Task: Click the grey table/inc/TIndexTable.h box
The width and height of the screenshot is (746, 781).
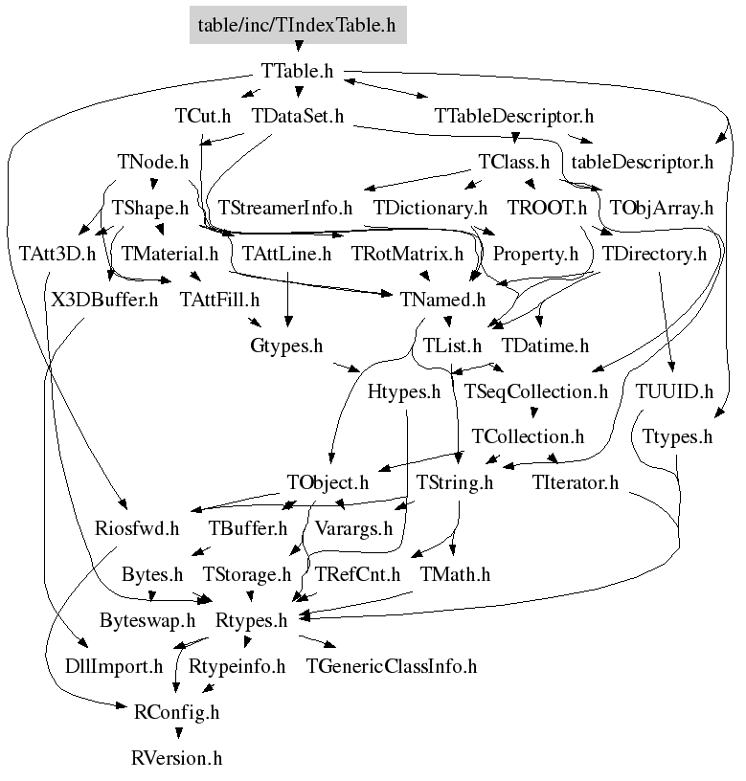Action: (296, 25)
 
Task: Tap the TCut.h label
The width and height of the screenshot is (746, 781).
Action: (203, 117)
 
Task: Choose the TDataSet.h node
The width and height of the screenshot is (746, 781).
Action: (297, 117)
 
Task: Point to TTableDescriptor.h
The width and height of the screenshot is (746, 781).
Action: (514, 117)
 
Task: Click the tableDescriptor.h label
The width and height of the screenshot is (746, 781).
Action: (642, 162)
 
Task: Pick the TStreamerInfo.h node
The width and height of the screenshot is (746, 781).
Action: (285, 208)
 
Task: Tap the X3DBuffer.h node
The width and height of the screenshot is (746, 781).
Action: (105, 301)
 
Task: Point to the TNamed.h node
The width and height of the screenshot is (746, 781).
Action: (443, 301)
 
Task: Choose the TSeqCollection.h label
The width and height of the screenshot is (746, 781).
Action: (536, 391)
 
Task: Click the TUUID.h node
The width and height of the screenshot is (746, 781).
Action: (675, 391)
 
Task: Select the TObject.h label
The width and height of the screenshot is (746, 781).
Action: (328, 482)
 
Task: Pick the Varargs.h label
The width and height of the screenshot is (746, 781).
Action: (354, 528)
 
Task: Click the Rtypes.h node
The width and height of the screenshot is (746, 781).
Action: (251, 620)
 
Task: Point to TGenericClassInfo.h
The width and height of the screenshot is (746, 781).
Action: (391, 666)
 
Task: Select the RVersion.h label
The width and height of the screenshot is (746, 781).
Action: (176, 759)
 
